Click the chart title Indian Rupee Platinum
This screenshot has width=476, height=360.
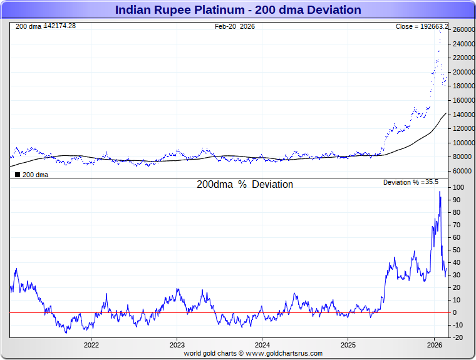pyautogui.click(x=238, y=10)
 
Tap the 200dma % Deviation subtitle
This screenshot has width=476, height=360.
pyautogui.click(x=245, y=185)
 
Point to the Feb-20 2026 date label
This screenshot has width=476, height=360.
pyautogui.click(x=235, y=26)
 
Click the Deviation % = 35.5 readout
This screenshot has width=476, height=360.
pyautogui.click(x=411, y=182)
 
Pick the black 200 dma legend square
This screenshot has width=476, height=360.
pyautogui.click(x=18, y=175)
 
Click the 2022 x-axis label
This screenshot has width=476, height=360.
pyautogui.click(x=91, y=345)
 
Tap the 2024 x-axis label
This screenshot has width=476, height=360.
pyautogui.click(x=263, y=345)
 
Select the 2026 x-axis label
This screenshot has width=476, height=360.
pyautogui.click(x=435, y=345)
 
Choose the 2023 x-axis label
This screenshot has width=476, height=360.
pyautogui.click(x=177, y=345)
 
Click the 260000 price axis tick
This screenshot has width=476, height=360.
pyautogui.click(x=464, y=30)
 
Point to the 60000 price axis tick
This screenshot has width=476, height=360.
pyautogui.click(x=462, y=171)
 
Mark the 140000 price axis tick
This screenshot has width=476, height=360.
pyautogui.click(x=464, y=115)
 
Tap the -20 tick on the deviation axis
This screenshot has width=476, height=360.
pyautogui.click(x=458, y=337)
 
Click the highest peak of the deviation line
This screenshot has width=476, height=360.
pyautogui.click(x=440, y=192)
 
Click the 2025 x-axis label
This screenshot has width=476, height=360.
pyautogui.click(x=349, y=345)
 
